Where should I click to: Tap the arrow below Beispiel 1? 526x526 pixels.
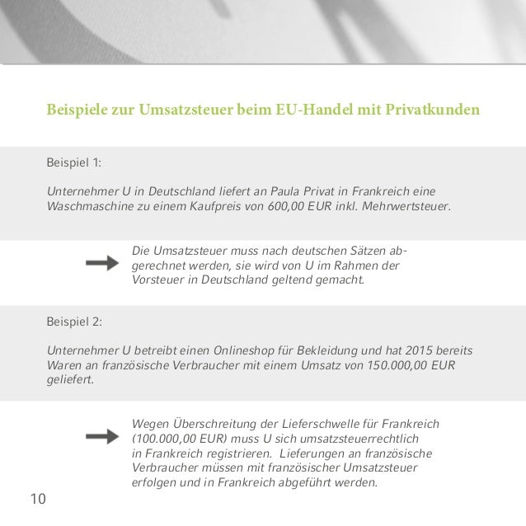(x=102, y=263)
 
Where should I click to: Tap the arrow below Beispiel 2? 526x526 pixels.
(x=102, y=436)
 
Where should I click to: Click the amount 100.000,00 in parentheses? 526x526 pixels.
(x=170, y=439)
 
